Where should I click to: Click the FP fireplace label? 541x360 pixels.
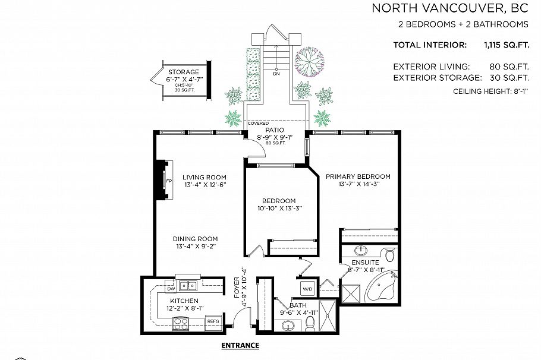168,181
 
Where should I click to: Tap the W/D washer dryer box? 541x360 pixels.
308,290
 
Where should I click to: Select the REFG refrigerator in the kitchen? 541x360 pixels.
213,321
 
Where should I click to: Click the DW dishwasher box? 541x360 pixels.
170,289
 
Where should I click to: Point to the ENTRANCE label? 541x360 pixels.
240,345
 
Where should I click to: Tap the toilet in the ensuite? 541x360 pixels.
389,255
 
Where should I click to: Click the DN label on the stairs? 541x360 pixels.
276,74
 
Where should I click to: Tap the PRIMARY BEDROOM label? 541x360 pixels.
357,176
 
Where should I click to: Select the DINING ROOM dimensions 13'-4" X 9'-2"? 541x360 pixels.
196,247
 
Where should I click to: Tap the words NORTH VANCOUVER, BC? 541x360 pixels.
449,8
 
